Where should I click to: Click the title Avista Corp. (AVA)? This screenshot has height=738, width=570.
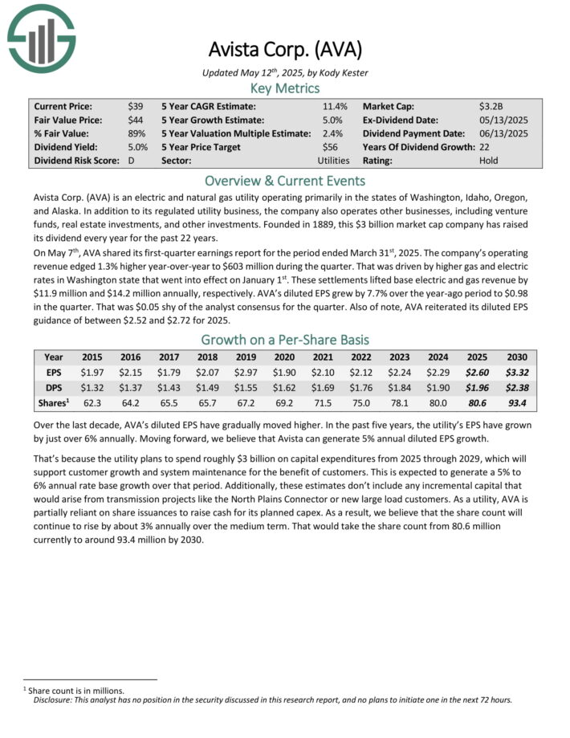(285, 50)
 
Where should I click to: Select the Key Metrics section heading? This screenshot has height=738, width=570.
(285, 88)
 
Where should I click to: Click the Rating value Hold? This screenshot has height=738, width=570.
(488, 161)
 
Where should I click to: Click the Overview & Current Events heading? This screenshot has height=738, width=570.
(285, 181)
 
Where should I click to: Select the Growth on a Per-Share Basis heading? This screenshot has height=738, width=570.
(285, 339)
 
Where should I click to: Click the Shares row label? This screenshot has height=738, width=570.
(53, 403)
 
